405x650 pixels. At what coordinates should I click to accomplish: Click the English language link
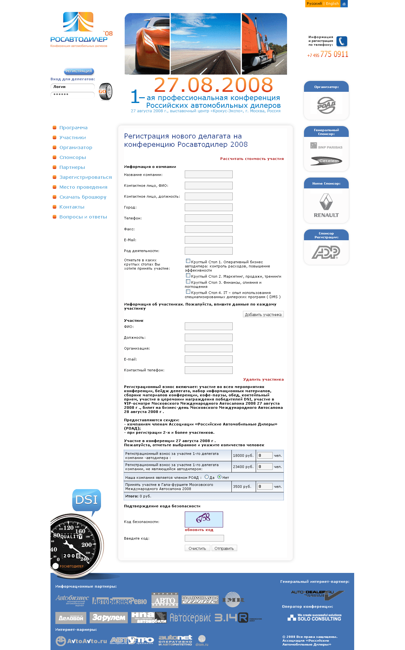(x=332, y=4)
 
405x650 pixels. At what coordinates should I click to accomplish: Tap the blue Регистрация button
(x=79, y=71)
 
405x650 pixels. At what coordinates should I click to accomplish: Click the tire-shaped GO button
(x=105, y=91)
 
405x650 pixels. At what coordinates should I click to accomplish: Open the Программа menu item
(x=73, y=128)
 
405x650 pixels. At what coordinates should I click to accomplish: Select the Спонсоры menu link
(x=73, y=157)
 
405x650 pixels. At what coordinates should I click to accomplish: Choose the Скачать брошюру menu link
(x=83, y=197)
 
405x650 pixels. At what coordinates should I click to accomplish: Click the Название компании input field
(x=208, y=174)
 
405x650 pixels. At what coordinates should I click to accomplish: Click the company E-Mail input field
(x=208, y=240)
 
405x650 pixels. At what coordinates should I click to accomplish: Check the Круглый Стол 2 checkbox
(x=188, y=275)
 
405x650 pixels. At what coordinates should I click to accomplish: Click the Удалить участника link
(x=263, y=379)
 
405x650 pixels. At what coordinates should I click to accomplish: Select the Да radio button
(x=206, y=477)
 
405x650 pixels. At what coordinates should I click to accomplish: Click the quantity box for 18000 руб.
(x=265, y=455)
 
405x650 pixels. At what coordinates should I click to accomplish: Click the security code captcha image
(x=204, y=519)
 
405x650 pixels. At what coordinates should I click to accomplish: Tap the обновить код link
(x=199, y=530)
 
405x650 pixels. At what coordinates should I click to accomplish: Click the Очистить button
(x=197, y=548)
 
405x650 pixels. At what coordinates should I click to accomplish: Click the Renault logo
(x=326, y=206)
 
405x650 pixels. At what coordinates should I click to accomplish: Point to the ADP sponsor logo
(x=326, y=252)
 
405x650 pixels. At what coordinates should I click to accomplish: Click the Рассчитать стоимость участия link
(x=252, y=159)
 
